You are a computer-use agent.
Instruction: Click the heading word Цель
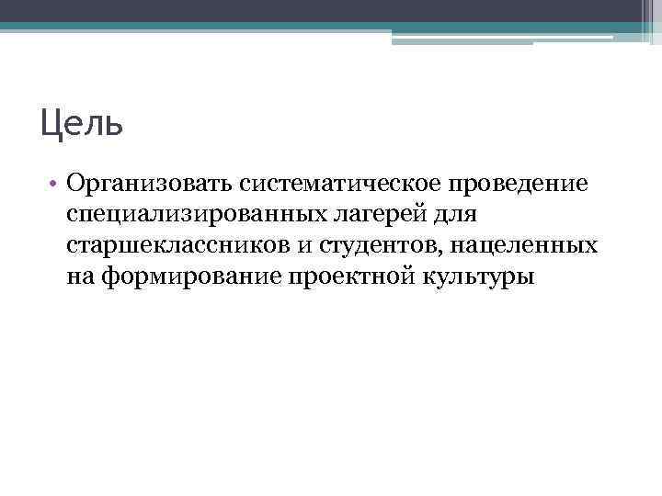pyautogui.click(x=81, y=123)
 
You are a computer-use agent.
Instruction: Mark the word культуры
pyautogui.click(x=484, y=276)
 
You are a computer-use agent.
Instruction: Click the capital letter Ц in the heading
pyautogui.click(x=52, y=123)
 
